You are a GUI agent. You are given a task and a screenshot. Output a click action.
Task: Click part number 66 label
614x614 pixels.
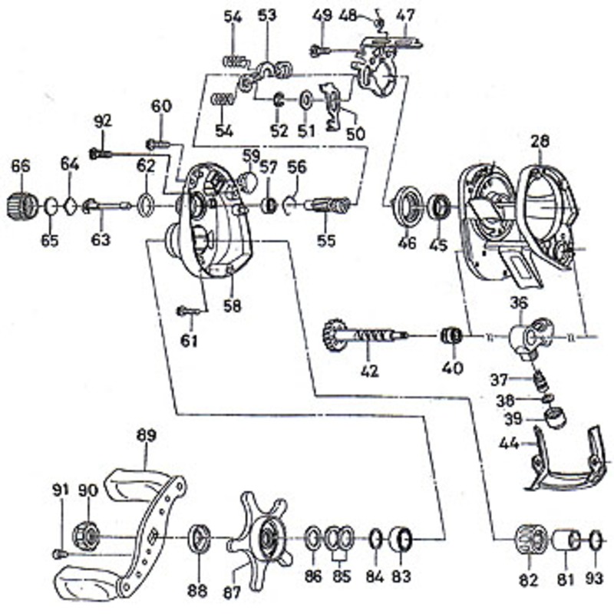[x=21, y=166]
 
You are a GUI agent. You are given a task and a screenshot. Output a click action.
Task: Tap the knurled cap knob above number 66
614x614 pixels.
[x=21, y=204]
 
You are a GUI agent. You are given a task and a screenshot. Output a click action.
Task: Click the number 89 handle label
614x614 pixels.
[x=146, y=435]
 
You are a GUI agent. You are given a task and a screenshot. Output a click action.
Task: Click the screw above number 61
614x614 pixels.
[x=187, y=311]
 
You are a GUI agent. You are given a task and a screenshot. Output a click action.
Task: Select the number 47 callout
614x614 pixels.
[x=403, y=15]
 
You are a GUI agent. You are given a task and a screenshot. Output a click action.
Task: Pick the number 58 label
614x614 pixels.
[x=232, y=305]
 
